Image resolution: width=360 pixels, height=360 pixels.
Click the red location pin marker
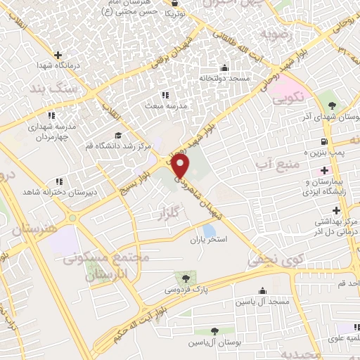point(181,166)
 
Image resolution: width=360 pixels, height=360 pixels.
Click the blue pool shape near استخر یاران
point(209,229)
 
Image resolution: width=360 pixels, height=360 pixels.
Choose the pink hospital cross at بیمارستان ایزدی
point(324,169)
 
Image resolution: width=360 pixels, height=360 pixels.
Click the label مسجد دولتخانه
point(224,78)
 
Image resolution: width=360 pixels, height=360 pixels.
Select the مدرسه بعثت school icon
point(165,94)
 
